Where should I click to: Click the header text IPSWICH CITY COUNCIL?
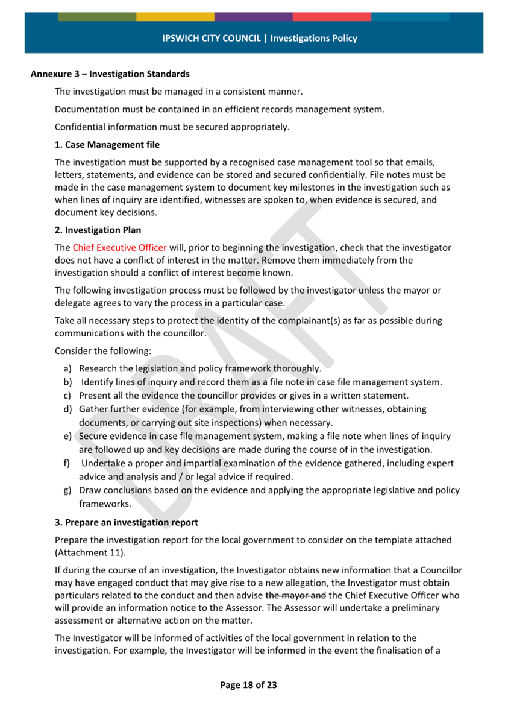tap(212, 38)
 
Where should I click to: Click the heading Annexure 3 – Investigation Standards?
tap(110, 74)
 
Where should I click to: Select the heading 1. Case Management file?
tap(107, 145)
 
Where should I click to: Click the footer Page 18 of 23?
tap(248, 685)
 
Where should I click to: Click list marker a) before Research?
tap(67, 368)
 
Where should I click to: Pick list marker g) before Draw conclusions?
tap(67, 490)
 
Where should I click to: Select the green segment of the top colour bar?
tap(97, 17)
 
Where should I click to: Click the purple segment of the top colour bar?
tap(253, 17)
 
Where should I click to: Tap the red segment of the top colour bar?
tap(331, 17)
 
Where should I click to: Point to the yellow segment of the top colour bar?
tap(175, 17)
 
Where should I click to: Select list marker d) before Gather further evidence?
tap(67, 409)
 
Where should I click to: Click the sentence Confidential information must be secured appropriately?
tap(172, 127)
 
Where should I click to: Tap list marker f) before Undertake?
tap(66, 463)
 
